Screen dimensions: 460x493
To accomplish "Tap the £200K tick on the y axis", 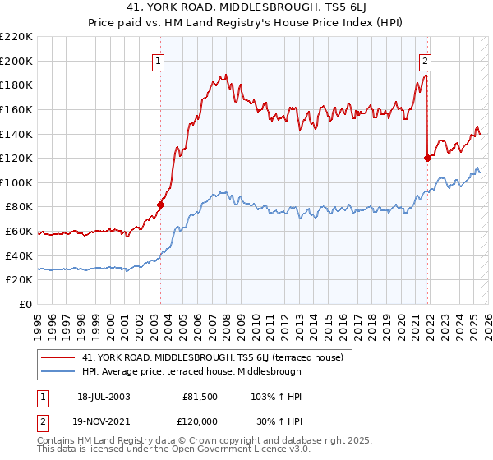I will [x=16, y=61].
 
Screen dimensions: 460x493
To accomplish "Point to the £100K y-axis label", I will [x=16, y=182].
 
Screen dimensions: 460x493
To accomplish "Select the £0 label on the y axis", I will [x=25, y=304].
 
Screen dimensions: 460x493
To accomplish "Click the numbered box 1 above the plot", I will [x=156, y=60].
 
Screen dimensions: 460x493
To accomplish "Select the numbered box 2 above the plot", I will [x=425, y=60].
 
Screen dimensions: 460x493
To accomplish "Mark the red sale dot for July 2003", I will [x=160, y=205].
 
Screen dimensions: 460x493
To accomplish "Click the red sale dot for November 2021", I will [x=427, y=158].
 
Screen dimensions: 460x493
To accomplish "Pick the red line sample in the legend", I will [x=58, y=357].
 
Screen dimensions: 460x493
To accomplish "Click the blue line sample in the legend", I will [x=58, y=371].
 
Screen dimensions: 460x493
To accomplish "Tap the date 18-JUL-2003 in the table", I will [x=104, y=396].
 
